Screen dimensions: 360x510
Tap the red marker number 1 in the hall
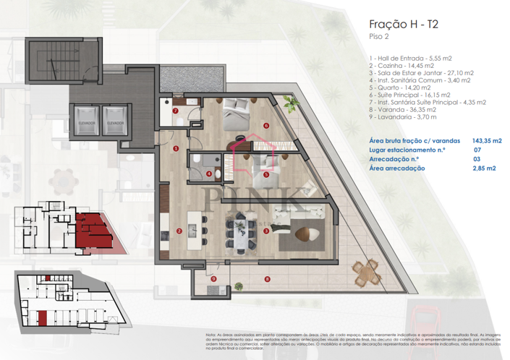176,149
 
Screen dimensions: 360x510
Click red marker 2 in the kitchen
179,231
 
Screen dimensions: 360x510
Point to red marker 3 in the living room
267,231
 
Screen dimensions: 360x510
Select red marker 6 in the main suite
266,126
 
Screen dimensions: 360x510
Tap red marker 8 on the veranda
267,279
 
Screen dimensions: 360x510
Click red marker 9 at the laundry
214,278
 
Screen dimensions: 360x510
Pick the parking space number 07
477,151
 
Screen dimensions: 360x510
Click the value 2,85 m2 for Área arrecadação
484,168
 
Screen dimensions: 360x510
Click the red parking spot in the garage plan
44,316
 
